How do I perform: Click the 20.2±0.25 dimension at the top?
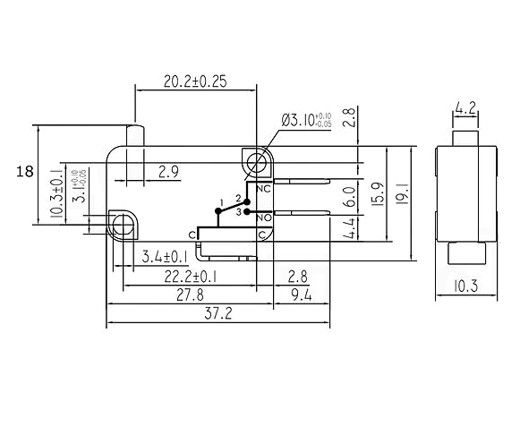coord(195,81)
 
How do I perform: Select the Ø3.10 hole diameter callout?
coord(306,120)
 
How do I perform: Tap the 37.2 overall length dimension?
coord(217,313)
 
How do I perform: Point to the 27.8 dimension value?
coord(190,295)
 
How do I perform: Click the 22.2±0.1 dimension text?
coord(191,277)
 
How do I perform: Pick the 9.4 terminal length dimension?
coord(302,295)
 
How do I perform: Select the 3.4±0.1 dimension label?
coord(165,257)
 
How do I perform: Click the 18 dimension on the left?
coord(25,172)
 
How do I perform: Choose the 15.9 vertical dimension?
coord(378,194)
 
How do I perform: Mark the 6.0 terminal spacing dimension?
coord(349,197)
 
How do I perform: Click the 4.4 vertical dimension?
coord(349,228)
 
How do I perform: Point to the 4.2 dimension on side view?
coord(465,108)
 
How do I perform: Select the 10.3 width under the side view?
coord(466,286)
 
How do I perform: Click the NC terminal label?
coord(264,189)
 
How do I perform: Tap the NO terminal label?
coord(264,218)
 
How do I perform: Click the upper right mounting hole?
coord(258,163)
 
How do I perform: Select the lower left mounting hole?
coord(123,225)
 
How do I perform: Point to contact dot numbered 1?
coord(217,210)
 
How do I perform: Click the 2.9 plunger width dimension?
coord(168,172)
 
